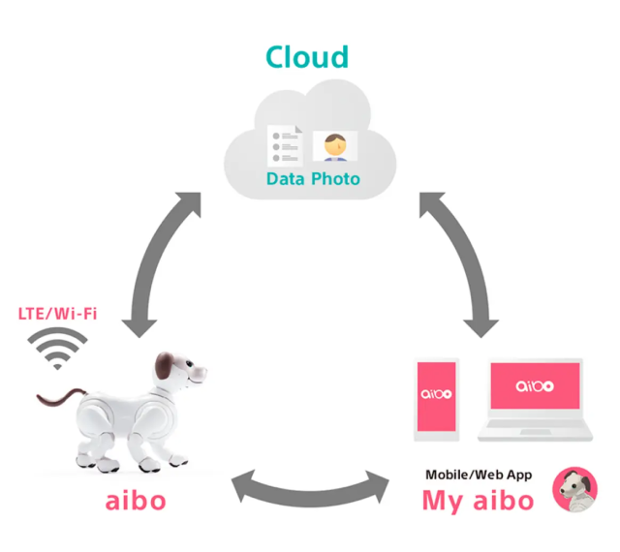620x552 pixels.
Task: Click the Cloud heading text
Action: click(x=309, y=57)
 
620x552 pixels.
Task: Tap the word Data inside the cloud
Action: click(x=286, y=179)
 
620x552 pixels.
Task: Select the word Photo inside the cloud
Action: click(x=335, y=179)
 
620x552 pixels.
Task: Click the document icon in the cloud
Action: click(x=285, y=146)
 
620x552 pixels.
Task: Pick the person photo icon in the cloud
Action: click(x=335, y=147)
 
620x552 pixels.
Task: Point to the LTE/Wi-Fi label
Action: click(x=58, y=314)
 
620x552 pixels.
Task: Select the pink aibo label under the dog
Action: click(x=136, y=502)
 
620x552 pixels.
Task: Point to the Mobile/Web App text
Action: click(x=480, y=475)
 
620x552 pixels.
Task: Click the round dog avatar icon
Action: click(x=574, y=490)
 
